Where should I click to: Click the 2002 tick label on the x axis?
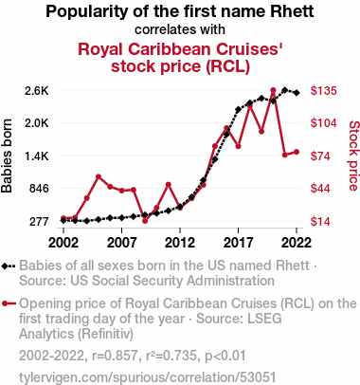tap(63, 243)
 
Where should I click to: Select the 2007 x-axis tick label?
tap(121, 243)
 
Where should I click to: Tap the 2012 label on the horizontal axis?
tap(180, 243)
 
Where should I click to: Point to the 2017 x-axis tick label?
tap(238, 243)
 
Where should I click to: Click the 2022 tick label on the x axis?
tap(297, 243)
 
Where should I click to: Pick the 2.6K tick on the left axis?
tap(37, 91)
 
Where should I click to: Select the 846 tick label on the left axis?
tap(39, 189)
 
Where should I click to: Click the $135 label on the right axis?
tap(323, 91)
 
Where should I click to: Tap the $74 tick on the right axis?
tap(320, 156)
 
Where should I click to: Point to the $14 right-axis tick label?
tap(320, 221)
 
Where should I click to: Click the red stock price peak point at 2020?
tap(273, 90)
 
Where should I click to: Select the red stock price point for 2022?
tap(297, 152)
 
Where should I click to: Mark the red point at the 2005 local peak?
tap(99, 176)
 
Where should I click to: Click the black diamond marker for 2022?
tap(297, 93)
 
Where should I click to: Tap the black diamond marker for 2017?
tap(238, 110)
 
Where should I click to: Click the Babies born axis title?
tap(7, 156)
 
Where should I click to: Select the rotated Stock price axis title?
tap(353, 156)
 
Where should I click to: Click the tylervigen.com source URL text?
tap(148, 377)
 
